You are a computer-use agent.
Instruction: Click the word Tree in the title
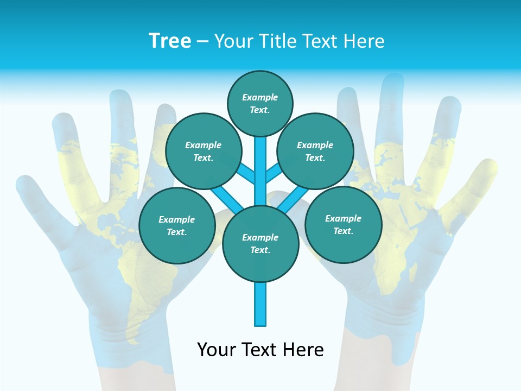(x=170, y=41)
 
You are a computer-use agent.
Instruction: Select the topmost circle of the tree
(x=260, y=103)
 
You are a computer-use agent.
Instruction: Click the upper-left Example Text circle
(x=204, y=152)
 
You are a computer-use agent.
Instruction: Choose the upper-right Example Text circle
(x=315, y=152)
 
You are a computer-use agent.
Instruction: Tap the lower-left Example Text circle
(x=177, y=226)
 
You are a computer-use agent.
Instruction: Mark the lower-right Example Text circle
(x=343, y=224)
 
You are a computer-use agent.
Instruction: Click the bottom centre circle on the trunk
(x=260, y=244)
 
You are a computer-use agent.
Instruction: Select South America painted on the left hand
(x=133, y=282)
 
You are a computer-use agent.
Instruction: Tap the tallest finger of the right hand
(x=392, y=109)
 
